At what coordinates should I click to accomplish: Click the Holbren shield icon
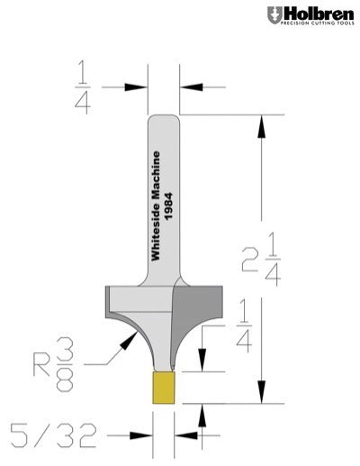click(274, 14)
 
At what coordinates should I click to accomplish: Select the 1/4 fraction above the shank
click(83, 88)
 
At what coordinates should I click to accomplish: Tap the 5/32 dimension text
click(51, 436)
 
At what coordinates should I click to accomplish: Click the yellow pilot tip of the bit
click(163, 388)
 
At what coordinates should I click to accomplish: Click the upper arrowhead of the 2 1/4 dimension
click(262, 125)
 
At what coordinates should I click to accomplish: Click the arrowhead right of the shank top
click(189, 87)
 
